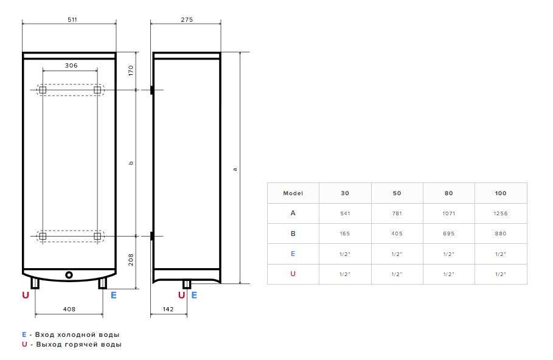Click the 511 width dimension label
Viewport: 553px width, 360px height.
(72, 19)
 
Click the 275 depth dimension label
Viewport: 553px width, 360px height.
(187, 19)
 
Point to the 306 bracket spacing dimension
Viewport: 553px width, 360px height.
(71, 65)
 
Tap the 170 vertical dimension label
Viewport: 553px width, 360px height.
(131, 71)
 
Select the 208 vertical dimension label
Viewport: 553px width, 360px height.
(131, 260)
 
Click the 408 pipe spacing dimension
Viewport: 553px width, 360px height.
(69, 310)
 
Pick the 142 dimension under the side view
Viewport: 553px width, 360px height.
(169, 310)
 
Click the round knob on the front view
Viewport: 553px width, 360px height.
(69, 275)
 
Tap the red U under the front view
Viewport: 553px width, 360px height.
(26, 295)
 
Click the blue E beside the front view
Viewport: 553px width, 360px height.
(114, 295)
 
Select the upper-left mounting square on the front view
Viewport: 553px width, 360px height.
(43, 90)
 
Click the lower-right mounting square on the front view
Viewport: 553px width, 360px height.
(97, 236)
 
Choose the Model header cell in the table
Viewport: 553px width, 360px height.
(293, 193)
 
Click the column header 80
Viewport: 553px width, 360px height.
(448, 193)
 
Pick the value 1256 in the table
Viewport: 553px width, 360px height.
(501, 213)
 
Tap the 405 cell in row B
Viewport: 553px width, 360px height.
(397, 234)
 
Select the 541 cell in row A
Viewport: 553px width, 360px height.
(345, 213)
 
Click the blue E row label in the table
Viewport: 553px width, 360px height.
(293, 254)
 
